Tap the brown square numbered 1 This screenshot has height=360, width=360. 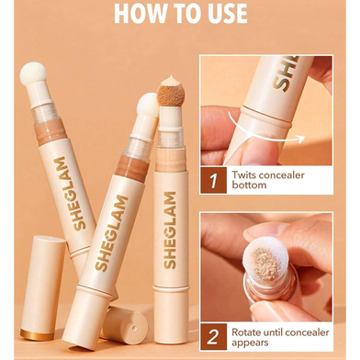click(x=213, y=180)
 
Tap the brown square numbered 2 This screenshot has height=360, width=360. click(x=213, y=336)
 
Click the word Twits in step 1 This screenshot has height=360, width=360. click(x=244, y=175)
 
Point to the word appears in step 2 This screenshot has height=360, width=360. click(x=250, y=343)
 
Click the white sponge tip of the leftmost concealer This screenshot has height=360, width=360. click(x=33, y=74)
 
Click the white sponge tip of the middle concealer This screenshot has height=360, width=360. click(x=148, y=105)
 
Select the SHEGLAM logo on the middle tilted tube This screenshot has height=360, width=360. click(x=111, y=233)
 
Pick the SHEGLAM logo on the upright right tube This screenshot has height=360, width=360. click(x=170, y=231)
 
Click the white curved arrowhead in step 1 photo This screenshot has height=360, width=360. click(x=300, y=139)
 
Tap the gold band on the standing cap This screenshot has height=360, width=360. click(x=37, y=334)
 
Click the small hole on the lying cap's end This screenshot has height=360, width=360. click(x=134, y=329)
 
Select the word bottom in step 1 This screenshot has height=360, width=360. click(x=249, y=186)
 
